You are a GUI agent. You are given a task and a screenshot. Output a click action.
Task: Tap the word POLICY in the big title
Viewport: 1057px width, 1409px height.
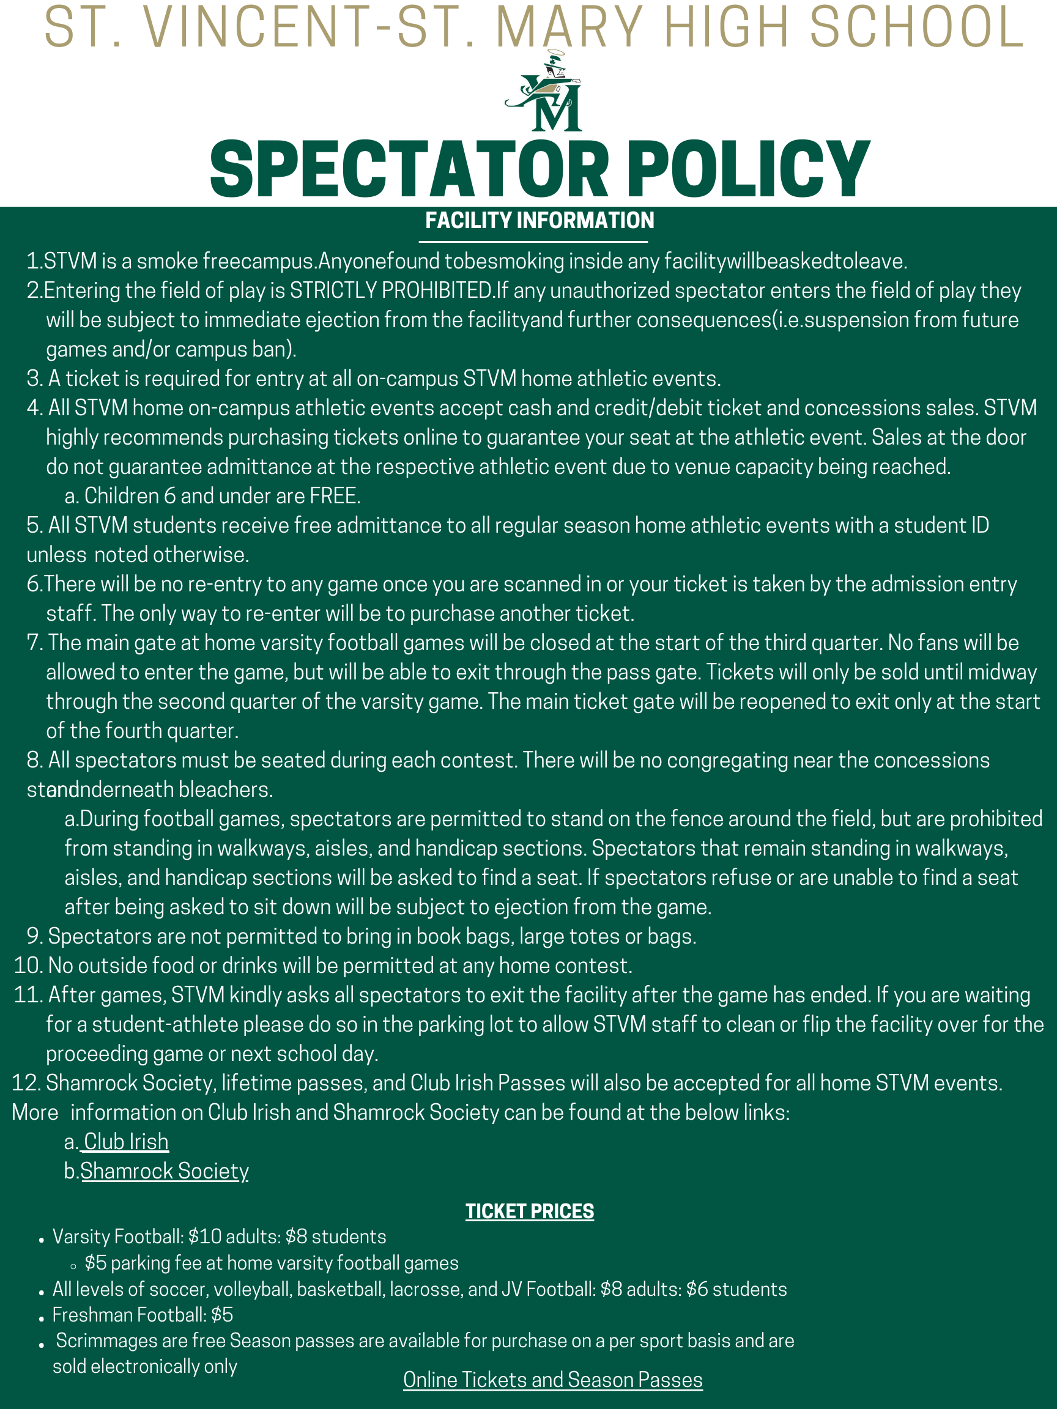pyautogui.click(x=748, y=169)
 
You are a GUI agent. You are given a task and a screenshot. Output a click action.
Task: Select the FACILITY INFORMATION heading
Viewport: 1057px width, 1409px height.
pyautogui.click(x=539, y=220)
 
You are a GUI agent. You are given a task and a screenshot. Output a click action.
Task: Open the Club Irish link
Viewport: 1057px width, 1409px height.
pyautogui.click(x=125, y=1142)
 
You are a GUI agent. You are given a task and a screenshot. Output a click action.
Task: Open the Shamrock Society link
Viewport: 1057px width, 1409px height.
pyautogui.click(x=165, y=1170)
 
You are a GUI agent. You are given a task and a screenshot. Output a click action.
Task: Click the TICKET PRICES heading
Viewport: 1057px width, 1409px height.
pyautogui.click(x=530, y=1211)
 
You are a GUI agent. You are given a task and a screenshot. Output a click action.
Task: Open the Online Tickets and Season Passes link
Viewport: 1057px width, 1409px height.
pyautogui.click(x=552, y=1380)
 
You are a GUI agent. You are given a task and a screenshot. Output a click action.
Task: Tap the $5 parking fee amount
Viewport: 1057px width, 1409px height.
pyautogui.click(x=95, y=1263)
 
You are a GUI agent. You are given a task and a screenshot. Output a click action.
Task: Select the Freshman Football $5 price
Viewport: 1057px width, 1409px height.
pyautogui.click(x=223, y=1315)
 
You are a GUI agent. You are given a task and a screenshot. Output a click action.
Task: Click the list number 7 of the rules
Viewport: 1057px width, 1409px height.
pyautogui.click(x=34, y=643)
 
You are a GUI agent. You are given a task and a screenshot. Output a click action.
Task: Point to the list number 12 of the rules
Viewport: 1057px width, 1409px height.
pyautogui.click(x=26, y=1083)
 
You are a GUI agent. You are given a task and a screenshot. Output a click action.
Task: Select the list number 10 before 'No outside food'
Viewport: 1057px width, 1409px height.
pyautogui.click(x=28, y=966)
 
